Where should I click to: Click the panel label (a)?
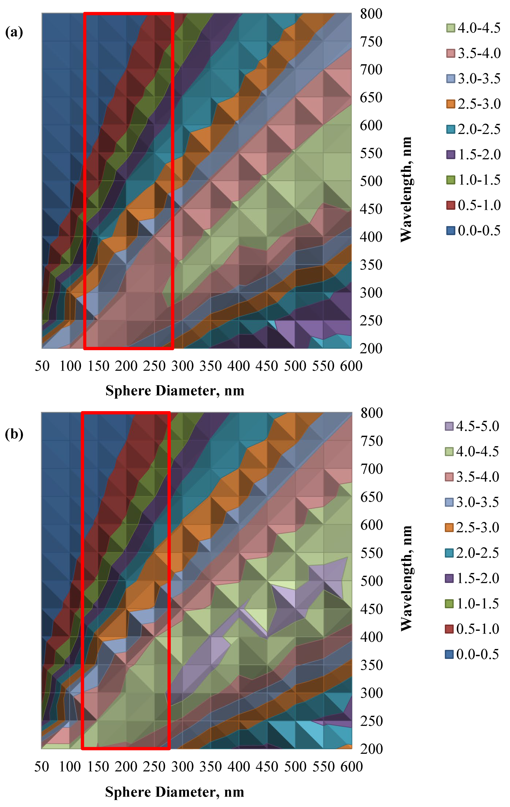coord(14,32)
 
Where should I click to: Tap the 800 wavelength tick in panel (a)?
coord(371,14)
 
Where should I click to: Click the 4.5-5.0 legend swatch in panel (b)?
coord(449,426)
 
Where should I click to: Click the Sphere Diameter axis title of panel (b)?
coord(175,792)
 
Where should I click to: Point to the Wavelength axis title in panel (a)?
coord(406,189)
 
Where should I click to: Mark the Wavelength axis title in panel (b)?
coord(406,578)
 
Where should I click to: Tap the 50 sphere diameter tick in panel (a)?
coord(42,366)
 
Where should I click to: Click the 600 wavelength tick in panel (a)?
coord(371,126)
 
